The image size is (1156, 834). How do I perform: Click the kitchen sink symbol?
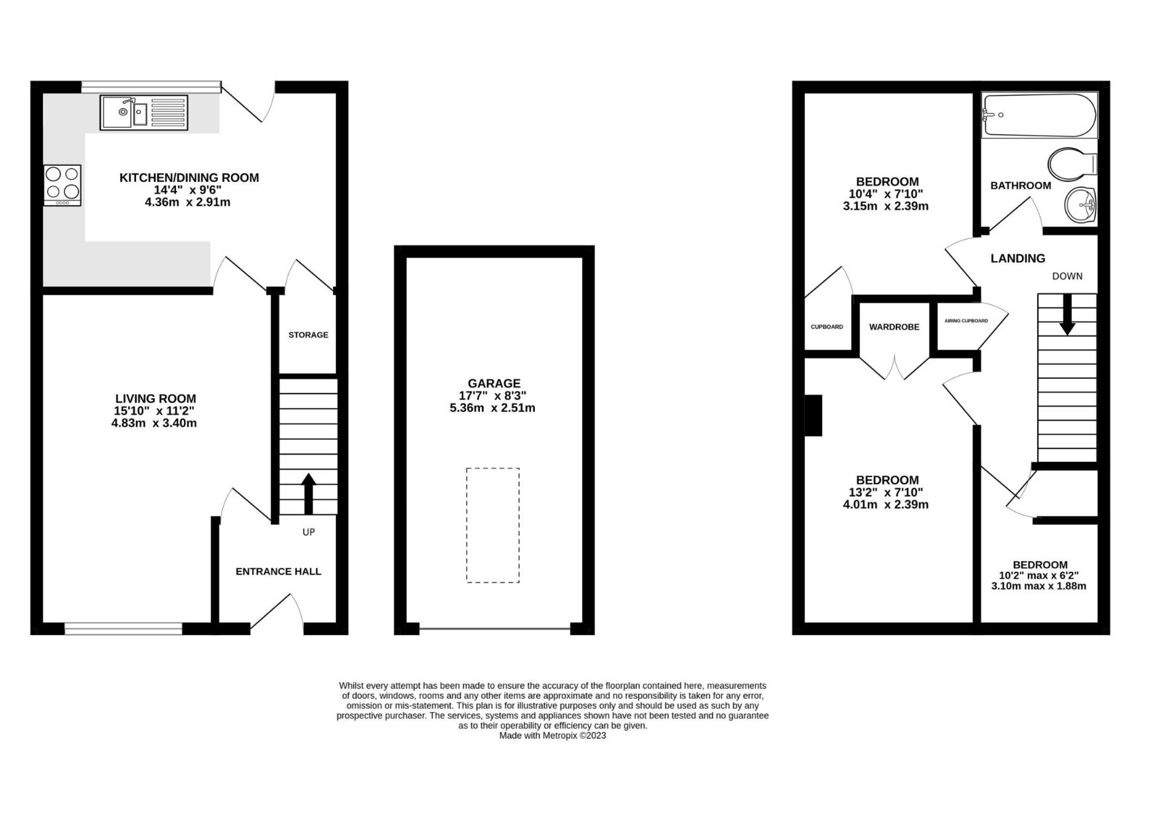pyautogui.click(x=144, y=113)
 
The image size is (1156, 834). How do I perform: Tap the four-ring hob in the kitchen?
pyautogui.click(x=62, y=184)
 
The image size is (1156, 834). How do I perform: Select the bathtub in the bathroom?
pyautogui.click(x=1039, y=115)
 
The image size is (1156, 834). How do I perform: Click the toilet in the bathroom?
pyautogui.click(x=1070, y=164)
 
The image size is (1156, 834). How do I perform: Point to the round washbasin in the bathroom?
pyautogui.click(x=1080, y=204)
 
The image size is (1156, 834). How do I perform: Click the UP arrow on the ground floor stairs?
pyautogui.click(x=309, y=493)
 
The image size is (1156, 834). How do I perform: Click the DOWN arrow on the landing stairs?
pyautogui.click(x=1067, y=314)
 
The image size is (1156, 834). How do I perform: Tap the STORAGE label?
pyautogui.click(x=308, y=335)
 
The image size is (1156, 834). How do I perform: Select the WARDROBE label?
pyautogui.click(x=894, y=327)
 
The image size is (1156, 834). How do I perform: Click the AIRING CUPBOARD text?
pyautogui.click(x=966, y=321)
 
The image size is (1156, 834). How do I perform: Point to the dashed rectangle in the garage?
pyautogui.click(x=492, y=525)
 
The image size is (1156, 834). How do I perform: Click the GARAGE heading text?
pyautogui.click(x=494, y=383)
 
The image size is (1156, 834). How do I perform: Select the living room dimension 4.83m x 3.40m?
pyautogui.click(x=154, y=423)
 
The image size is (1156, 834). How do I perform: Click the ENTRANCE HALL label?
pyautogui.click(x=278, y=571)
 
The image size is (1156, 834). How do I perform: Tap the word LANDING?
pyautogui.click(x=1017, y=259)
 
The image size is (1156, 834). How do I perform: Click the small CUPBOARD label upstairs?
pyautogui.click(x=827, y=327)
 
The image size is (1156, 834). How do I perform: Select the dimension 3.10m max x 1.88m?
pyautogui.click(x=1039, y=587)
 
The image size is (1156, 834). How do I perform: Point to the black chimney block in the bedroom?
pyautogui.click(x=814, y=415)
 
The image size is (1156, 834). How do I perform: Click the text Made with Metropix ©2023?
pyautogui.click(x=552, y=736)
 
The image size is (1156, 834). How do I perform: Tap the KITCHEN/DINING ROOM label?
pyautogui.click(x=189, y=178)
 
